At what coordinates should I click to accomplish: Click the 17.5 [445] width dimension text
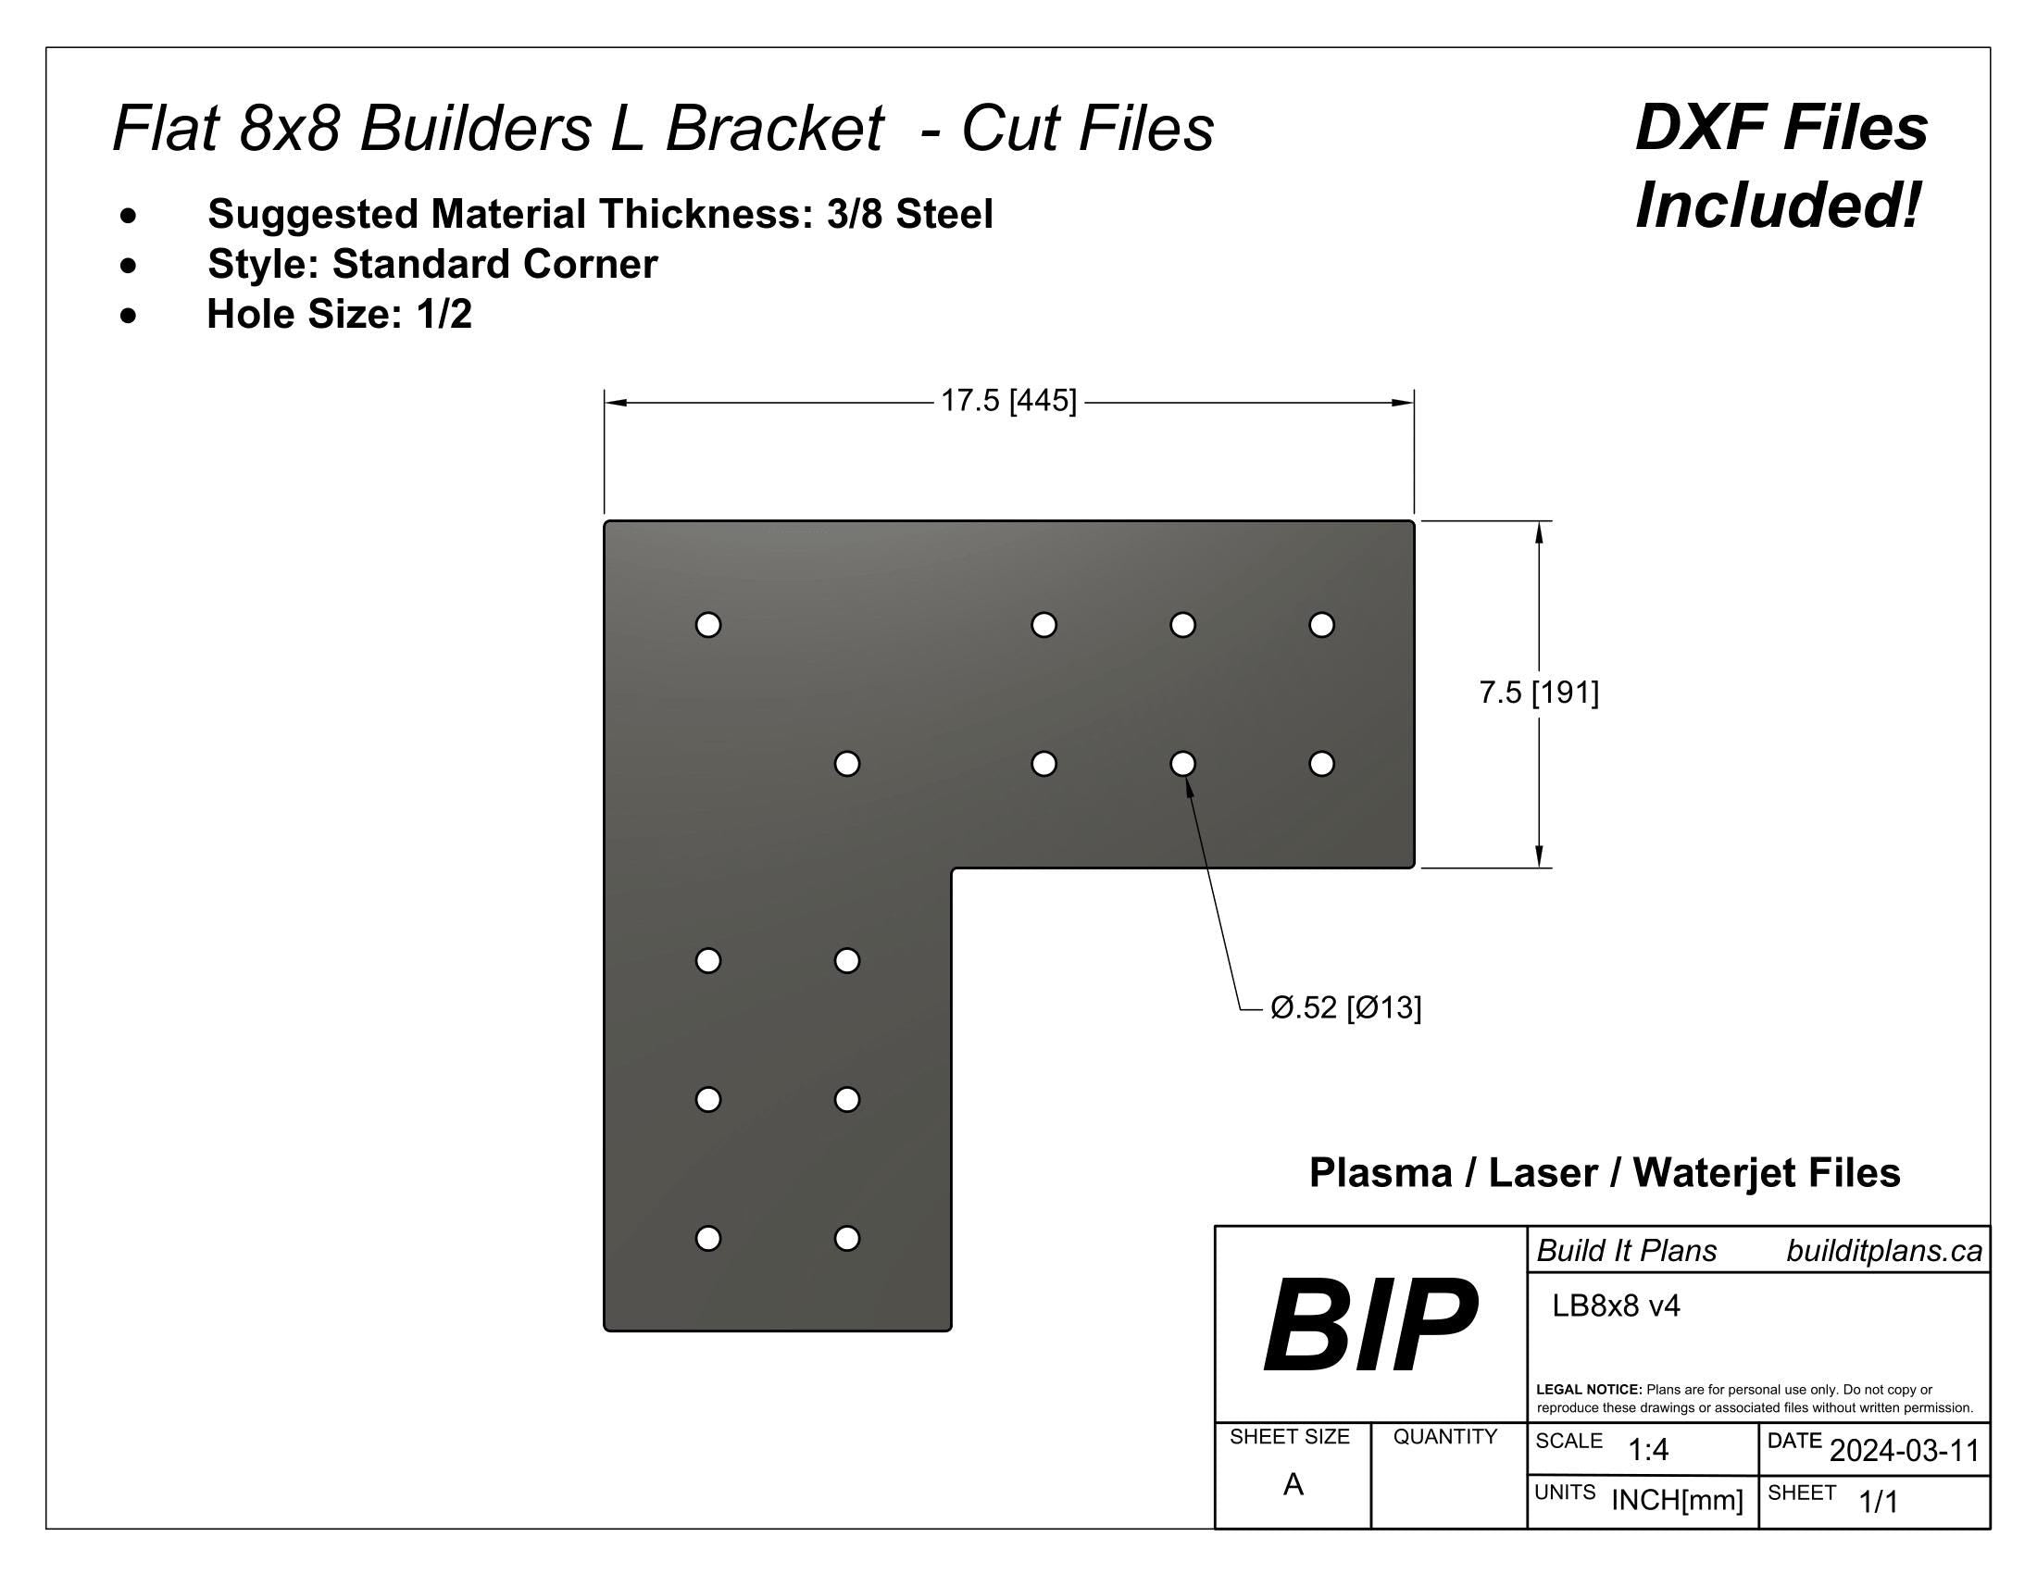[x=1007, y=402]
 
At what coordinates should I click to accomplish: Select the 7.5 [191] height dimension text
[x=1538, y=693]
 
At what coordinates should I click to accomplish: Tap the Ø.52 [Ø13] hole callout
[x=1345, y=1008]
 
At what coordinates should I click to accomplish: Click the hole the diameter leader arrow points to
[x=1181, y=764]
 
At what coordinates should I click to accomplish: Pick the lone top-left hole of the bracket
[x=708, y=625]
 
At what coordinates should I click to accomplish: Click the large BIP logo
[x=1369, y=1325]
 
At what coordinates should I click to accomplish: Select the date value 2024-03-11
[x=1904, y=1451]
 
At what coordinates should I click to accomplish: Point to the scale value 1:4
[x=1647, y=1450]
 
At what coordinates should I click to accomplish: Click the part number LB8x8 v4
[x=1616, y=1306]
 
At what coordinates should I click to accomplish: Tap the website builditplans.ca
[x=1883, y=1252]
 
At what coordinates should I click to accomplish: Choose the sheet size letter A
[x=1293, y=1484]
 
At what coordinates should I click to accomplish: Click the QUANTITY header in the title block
[x=1444, y=1437]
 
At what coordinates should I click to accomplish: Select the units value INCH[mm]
[x=1676, y=1500]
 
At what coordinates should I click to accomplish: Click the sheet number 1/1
[x=1878, y=1501]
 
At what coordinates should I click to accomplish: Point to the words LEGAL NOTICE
[x=1588, y=1390]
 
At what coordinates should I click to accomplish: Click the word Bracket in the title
[x=773, y=128]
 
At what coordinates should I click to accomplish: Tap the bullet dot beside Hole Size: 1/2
[x=129, y=315]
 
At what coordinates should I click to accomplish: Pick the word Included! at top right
[x=1779, y=206]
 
